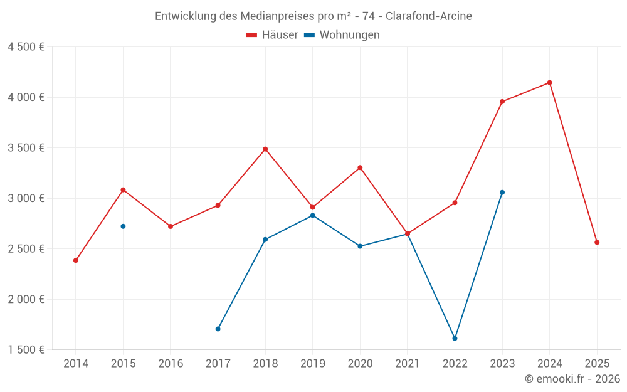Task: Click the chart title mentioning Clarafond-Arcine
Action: (x=313, y=16)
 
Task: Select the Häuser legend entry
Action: (x=272, y=35)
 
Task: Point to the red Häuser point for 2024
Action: (x=549, y=83)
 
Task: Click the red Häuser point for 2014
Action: (x=76, y=260)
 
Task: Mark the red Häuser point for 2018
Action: (x=265, y=149)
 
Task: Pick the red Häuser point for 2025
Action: (x=597, y=242)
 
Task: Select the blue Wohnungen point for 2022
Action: (x=455, y=339)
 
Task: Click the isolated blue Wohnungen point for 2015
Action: (x=123, y=226)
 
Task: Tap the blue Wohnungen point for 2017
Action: (x=218, y=329)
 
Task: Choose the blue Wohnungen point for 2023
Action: (x=502, y=193)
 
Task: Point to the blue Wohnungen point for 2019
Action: (x=312, y=216)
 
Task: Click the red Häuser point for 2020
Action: (x=360, y=167)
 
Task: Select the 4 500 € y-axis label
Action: (x=26, y=47)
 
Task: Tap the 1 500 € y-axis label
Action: (x=26, y=350)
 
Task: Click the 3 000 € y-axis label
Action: (x=26, y=198)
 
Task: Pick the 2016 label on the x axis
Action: (x=171, y=364)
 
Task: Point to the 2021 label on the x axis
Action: (x=408, y=364)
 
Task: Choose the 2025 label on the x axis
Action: (x=597, y=364)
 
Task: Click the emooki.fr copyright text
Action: (x=572, y=379)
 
